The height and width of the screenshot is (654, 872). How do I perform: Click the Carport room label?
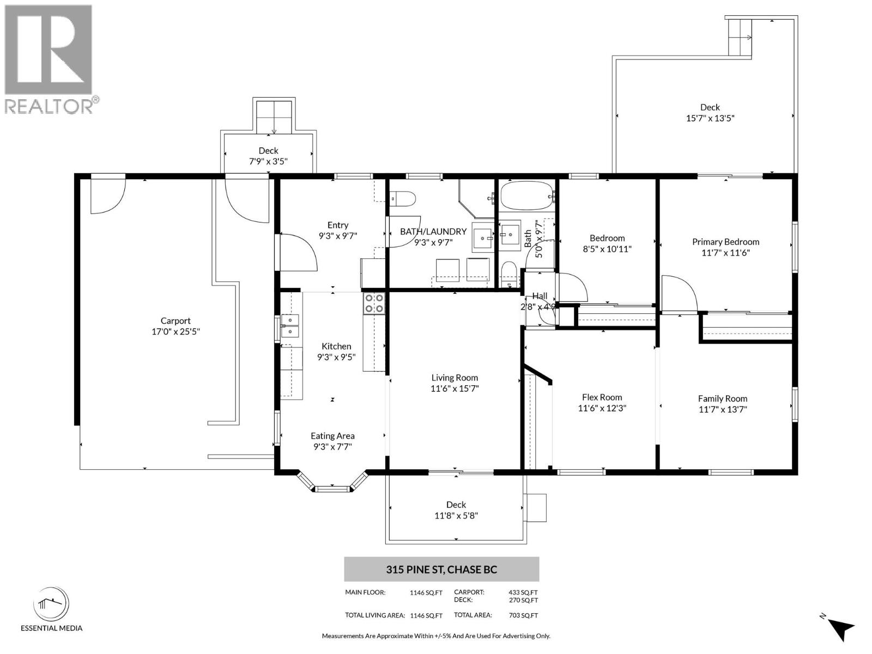tap(175, 321)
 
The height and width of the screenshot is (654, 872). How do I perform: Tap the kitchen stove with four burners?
tap(374, 303)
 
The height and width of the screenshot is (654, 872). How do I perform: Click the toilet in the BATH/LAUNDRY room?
tap(403, 198)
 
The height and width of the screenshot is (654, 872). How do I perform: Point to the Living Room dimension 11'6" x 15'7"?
tap(455, 389)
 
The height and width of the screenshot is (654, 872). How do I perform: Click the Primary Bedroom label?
tap(725, 242)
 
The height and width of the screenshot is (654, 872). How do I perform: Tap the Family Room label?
tap(722, 398)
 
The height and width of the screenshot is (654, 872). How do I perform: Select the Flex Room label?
tap(602, 397)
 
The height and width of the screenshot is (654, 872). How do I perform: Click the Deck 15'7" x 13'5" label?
tap(710, 107)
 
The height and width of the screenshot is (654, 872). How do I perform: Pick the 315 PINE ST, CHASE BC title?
tap(441, 570)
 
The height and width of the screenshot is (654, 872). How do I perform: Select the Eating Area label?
tap(332, 435)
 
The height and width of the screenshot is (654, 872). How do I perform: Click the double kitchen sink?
tap(290, 325)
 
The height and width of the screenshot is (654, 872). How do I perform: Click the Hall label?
tap(540, 296)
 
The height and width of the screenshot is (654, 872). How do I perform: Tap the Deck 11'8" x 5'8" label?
tap(456, 505)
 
